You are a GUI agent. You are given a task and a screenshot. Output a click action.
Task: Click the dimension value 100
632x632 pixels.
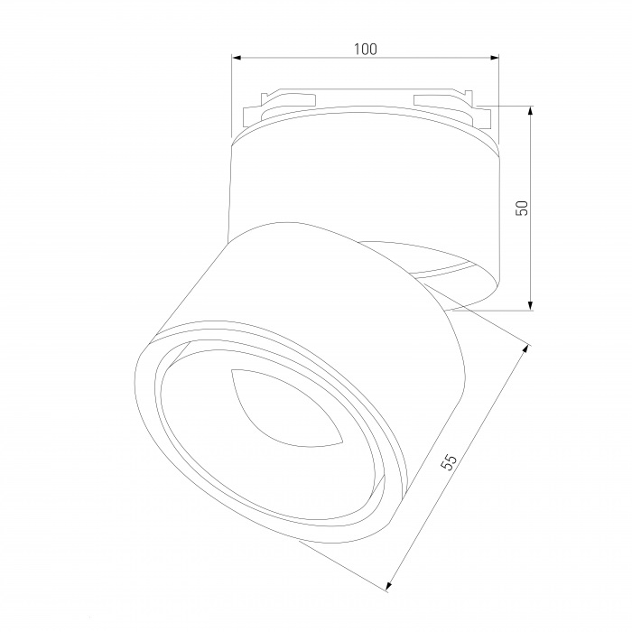point(366,49)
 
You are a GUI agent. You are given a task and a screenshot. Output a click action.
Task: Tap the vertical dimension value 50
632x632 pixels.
point(522,208)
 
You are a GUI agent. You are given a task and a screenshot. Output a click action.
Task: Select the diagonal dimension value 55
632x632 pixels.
point(449,462)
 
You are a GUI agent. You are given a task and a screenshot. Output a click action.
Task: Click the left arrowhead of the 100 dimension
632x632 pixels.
point(237,58)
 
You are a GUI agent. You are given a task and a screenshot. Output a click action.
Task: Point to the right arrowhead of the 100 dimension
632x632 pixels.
point(494,58)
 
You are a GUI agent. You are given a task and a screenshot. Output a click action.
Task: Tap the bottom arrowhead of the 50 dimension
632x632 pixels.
point(531,305)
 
